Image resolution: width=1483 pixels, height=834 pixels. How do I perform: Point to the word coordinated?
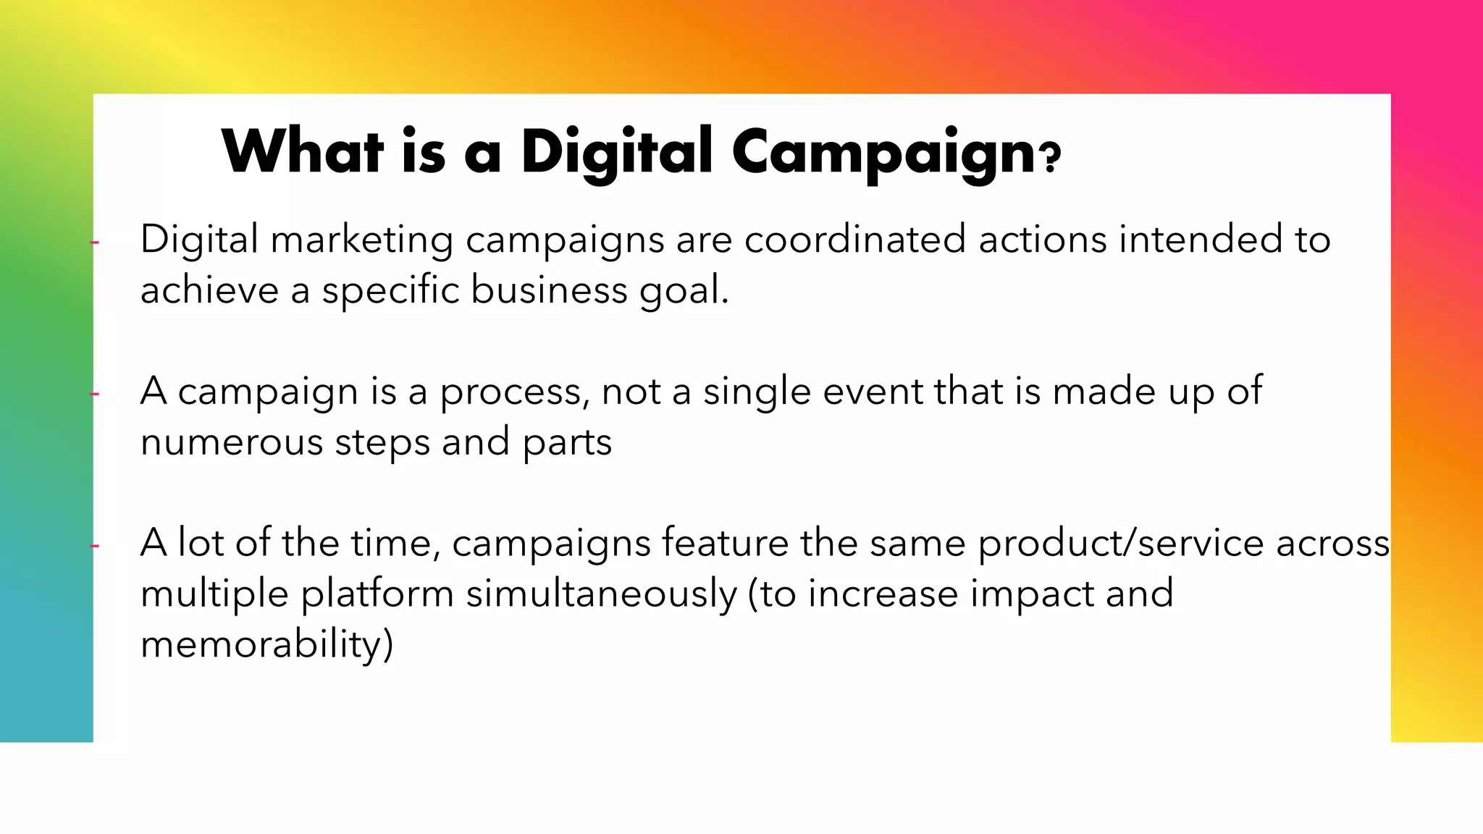click(855, 240)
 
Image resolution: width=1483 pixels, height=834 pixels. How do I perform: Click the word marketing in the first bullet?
click(362, 241)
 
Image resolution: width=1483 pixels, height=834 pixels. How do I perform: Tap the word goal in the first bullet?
click(683, 291)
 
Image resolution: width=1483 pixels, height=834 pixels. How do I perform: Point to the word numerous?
click(231, 442)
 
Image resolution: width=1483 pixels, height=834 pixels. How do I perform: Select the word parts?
click(567, 443)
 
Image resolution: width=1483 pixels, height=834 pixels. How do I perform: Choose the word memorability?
click(266, 644)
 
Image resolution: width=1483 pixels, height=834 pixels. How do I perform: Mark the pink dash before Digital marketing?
click(94, 243)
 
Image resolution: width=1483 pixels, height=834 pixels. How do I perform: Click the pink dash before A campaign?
click(94, 395)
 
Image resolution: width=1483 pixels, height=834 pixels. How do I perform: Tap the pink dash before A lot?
click(94, 546)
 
